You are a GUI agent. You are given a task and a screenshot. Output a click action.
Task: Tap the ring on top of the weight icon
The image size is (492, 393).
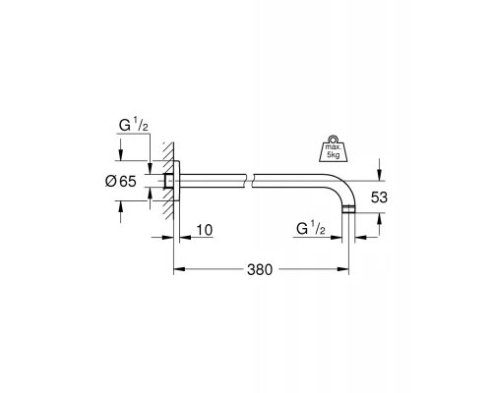click(x=334, y=138)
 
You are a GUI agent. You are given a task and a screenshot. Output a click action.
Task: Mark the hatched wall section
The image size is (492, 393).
click(x=167, y=181)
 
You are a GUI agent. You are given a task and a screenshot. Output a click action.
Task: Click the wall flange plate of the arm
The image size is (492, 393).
click(x=176, y=181)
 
